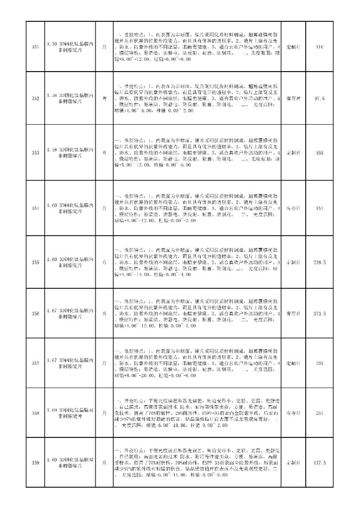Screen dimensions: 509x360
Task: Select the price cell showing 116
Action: click(x=320, y=47)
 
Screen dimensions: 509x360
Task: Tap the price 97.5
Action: click(x=320, y=99)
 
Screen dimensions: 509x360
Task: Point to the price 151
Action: click(x=320, y=208)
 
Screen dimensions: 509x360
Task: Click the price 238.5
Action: click(x=320, y=262)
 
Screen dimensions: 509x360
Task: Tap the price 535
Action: click(x=320, y=363)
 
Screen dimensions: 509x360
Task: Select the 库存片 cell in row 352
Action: click(x=293, y=99)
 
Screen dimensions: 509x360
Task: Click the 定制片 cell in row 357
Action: click(x=293, y=363)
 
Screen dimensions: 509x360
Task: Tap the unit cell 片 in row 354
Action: click(x=104, y=208)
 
